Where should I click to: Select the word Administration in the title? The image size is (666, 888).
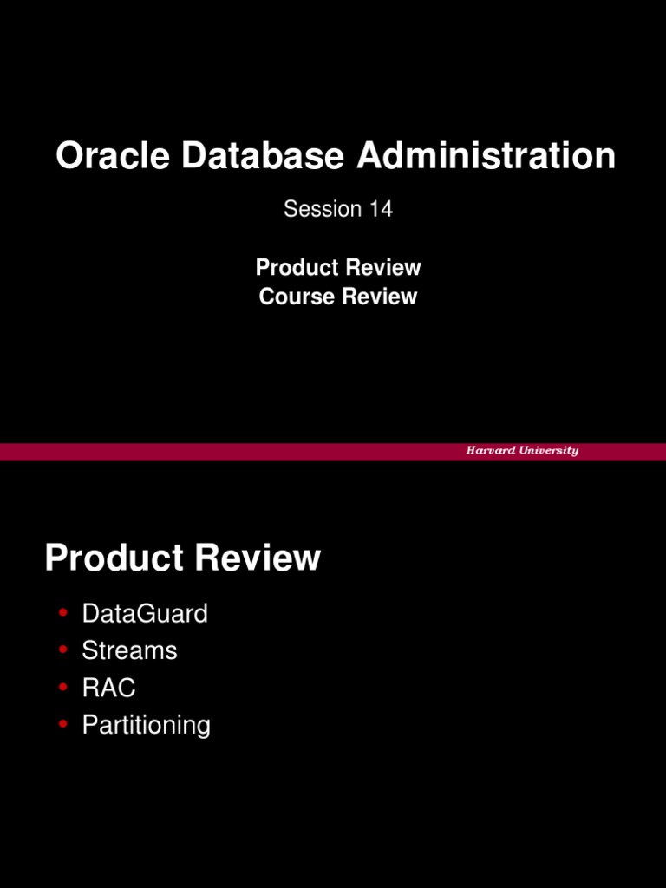click(486, 157)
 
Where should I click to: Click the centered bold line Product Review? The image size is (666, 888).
click(338, 267)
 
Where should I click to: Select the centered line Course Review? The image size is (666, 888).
click(338, 297)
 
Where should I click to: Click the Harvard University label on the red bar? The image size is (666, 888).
click(522, 451)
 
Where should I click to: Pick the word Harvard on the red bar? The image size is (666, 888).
click(492, 451)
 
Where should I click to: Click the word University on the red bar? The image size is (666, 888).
click(550, 451)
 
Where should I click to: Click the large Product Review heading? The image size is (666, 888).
click(183, 558)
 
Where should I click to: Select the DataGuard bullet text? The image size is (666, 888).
click(145, 614)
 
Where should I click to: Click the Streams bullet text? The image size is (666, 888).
click(129, 650)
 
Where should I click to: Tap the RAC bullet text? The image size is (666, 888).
click(108, 688)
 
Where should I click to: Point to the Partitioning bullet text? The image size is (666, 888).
click(146, 725)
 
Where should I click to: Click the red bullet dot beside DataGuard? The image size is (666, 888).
click(62, 613)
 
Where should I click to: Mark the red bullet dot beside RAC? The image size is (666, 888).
click(62, 687)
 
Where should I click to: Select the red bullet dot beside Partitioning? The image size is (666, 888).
click(62, 723)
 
